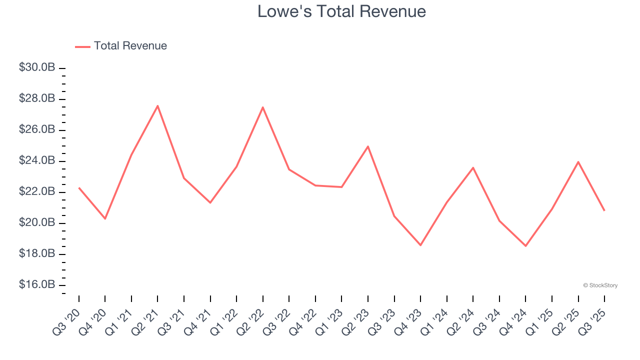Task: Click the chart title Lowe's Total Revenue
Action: click(341, 11)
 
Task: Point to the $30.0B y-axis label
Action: click(37, 67)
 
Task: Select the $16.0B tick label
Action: click(37, 284)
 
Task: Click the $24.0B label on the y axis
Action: click(37, 160)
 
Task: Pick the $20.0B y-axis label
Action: click(37, 222)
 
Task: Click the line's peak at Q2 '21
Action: click(157, 105)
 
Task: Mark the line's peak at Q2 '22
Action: click(262, 107)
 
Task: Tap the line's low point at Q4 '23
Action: click(420, 245)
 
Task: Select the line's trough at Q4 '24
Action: click(525, 246)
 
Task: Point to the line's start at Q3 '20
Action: click(79, 188)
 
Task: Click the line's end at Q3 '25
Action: click(604, 210)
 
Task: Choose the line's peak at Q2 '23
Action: click(368, 146)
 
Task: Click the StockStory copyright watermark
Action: click(600, 285)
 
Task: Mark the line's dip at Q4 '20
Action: click(105, 218)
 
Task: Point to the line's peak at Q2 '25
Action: click(578, 162)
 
